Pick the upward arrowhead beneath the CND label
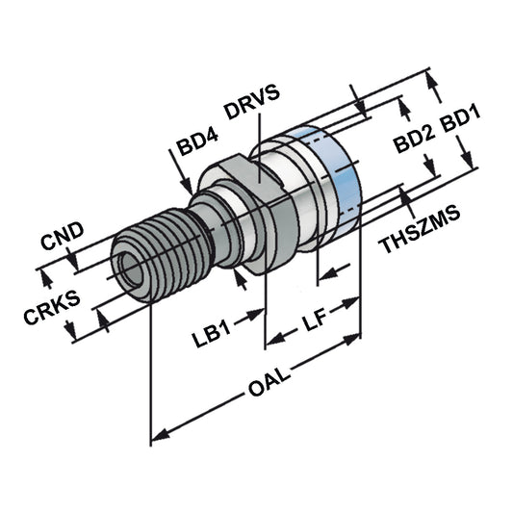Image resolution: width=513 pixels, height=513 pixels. coord(43,278)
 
